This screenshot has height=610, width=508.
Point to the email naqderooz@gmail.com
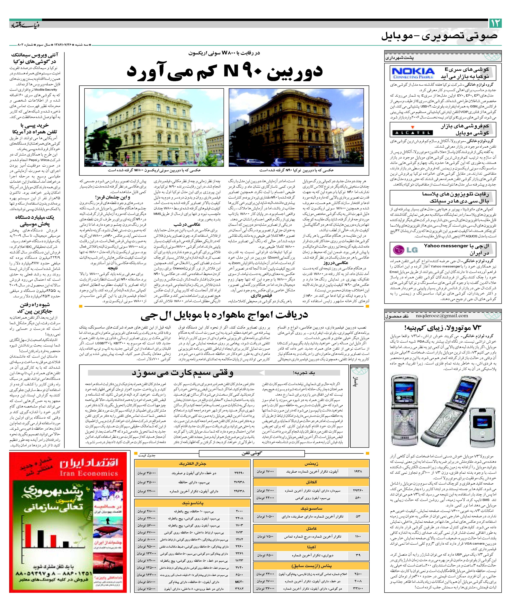point(442,316)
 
